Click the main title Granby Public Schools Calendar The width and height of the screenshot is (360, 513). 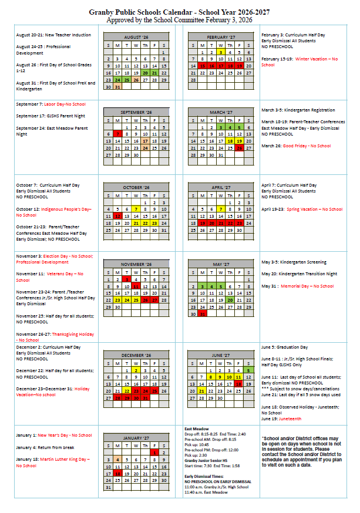[180, 12]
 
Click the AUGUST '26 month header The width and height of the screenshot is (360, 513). [136, 36]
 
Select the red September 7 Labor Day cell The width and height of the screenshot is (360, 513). [117, 134]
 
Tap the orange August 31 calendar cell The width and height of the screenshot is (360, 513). [117, 87]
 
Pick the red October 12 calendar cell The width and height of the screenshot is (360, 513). [117, 216]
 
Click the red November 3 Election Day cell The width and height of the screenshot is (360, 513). [126, 279]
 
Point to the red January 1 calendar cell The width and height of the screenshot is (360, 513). [154, 452]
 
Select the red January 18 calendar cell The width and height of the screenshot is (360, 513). [117, 473]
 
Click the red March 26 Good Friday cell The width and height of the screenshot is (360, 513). [239, 148]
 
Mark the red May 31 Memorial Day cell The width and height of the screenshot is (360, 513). [202, 314]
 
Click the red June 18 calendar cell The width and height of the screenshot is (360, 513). [239, 383]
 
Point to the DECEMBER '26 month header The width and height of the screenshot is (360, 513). [136, 355]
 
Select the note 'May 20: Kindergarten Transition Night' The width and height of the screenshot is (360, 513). [300, 274]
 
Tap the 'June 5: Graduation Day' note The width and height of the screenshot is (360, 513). [285, 347]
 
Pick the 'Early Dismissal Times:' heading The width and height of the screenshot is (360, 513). [203, 476]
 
